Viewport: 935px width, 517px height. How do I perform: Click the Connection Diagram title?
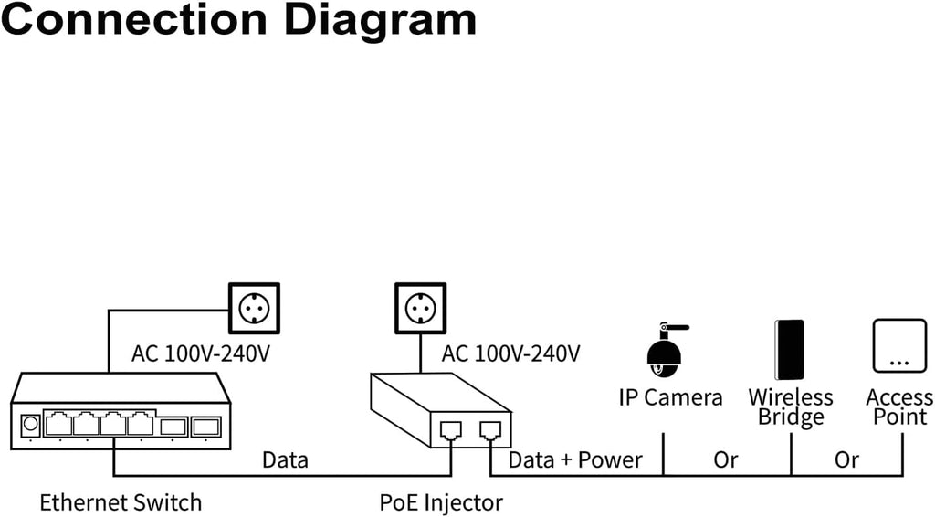[238, 20]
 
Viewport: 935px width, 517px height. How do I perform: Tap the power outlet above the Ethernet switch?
[253, 309]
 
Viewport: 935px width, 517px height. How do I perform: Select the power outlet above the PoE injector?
[420, 309]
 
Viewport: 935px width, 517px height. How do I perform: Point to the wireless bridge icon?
[789, 349]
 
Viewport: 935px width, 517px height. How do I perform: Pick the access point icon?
[899, 345]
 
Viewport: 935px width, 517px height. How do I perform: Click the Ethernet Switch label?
[121, 501]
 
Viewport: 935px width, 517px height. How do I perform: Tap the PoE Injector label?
[441, 501]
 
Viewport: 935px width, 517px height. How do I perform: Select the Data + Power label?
[575, 459]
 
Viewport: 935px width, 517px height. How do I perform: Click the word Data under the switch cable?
[285, 459]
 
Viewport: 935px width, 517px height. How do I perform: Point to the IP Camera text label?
[670, 397]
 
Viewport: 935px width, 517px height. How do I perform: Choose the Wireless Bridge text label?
[791, 407]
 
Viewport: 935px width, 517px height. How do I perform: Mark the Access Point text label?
[899, 407]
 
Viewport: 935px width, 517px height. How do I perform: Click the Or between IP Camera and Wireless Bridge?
[726, 459]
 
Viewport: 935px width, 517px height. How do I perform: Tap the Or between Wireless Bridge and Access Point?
[846, 459]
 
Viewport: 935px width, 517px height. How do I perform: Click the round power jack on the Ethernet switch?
[30, 425]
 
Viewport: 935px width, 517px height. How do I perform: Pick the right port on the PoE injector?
[490, 429]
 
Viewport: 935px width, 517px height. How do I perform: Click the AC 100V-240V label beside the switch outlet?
[201, 353]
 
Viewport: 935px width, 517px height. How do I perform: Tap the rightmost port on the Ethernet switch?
[206, 425]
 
